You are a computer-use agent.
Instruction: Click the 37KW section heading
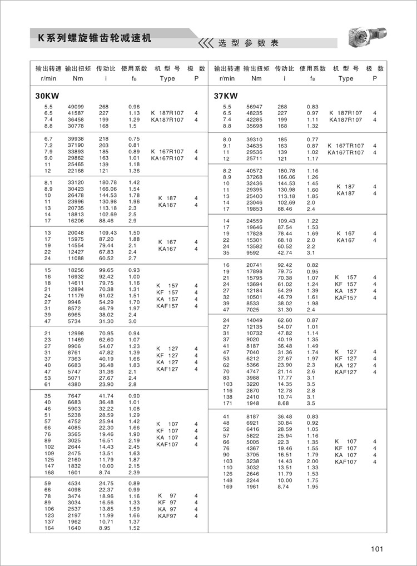click(226, 96)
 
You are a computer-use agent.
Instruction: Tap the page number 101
click(378, 549)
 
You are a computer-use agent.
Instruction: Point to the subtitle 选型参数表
click(248, 43)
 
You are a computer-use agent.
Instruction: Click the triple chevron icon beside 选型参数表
click(206, 43)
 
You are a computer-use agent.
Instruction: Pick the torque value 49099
click(76, 106)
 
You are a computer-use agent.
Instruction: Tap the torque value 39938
click(76, 138)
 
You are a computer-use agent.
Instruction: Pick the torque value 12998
click(76, 332)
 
